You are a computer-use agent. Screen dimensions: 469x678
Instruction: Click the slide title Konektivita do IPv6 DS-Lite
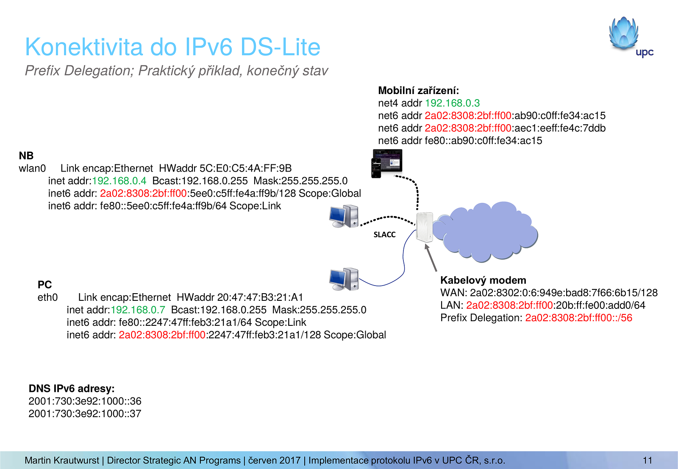click(x=172, y=47)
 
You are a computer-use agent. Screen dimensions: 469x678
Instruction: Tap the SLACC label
click(x=384, y=235)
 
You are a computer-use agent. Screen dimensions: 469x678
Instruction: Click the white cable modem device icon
click(x=424, y=227)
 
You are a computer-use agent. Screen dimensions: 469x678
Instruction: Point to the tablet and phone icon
click(x=386, y=163)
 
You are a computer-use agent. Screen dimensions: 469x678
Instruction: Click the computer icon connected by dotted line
click(x=344, y=216)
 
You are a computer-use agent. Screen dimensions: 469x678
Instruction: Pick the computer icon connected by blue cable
click(x=344, y=279)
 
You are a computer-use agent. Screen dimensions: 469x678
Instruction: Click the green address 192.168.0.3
click(x=452, y=103)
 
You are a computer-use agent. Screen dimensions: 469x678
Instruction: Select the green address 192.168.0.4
click(x=119, y=181)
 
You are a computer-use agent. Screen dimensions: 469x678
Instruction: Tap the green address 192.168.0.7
click(x=138, y=310)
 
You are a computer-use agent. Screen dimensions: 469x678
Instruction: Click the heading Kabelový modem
click(x=483, y=280)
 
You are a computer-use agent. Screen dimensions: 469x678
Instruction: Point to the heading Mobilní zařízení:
click(x=418, y=91)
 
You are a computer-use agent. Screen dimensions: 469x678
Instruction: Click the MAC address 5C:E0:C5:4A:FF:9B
click(x=246, y=169)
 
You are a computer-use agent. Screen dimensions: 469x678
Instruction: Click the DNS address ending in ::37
click(x=85, y=413)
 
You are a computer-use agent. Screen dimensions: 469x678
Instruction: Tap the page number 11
click(x=647, y=461)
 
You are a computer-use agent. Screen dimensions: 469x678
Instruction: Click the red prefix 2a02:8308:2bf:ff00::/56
click(x=578, y=318)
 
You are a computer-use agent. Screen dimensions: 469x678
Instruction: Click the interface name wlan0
click(x=32, y=169)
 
